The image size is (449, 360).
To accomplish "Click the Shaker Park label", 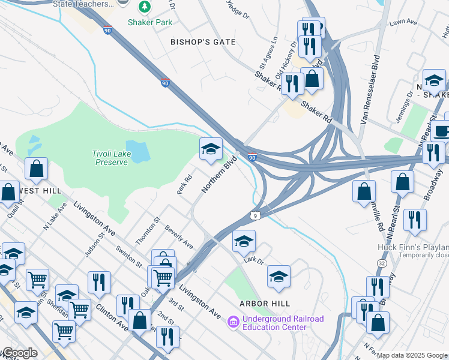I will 149,22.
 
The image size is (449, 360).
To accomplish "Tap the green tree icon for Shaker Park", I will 144,7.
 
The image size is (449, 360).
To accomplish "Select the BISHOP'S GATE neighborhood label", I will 203,42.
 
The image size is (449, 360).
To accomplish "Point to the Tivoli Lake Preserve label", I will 110,158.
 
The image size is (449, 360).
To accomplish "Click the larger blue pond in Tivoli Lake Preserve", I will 139,152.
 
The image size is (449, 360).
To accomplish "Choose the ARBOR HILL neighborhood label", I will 265,304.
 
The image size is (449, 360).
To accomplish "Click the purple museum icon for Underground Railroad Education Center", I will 233,323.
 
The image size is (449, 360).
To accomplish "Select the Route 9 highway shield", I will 256,215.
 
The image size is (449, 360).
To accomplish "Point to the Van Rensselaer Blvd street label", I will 370,90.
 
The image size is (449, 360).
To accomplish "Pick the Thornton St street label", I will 147,231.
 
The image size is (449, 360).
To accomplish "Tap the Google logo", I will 19,353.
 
